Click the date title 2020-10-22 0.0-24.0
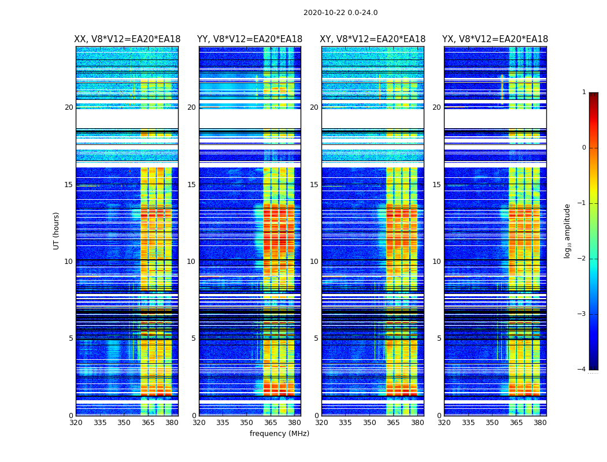[340, 13]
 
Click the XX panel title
[127, 39]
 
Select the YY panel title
[250, 39]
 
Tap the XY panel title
[373, 39]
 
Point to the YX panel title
[495, 39]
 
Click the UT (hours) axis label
[57, 230]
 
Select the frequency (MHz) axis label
[279, 434]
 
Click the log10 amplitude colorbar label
[568, 230]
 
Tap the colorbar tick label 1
[583, 92]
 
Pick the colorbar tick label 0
[583, 148]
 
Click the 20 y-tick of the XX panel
[69, 107]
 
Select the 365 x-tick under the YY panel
[271, 423]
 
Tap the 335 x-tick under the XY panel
[345, 423]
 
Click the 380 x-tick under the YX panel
[540, 423]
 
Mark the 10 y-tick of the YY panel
[191, 262]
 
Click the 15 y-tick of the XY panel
[314, 185]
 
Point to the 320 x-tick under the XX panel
[76, 423]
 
